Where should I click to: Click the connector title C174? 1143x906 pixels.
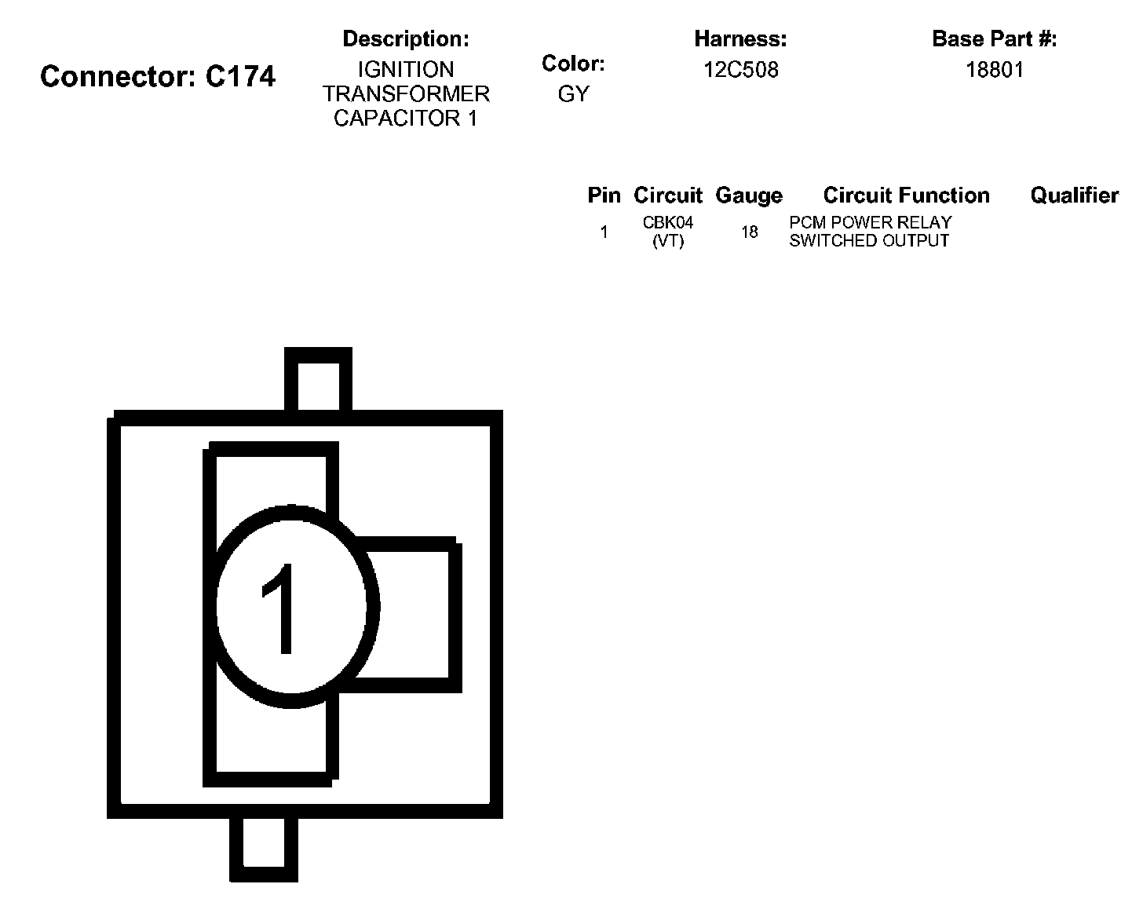[158, 77]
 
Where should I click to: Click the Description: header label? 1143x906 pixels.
[406, 38]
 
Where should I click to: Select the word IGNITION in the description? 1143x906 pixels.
[406, 69]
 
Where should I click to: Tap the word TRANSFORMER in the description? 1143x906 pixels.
[406, 93]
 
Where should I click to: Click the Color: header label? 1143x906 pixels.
[573, 64]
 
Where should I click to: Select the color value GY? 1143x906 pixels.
[573, 94]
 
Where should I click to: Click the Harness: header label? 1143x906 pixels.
[740, 38]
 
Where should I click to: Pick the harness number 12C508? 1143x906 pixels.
[740, 70]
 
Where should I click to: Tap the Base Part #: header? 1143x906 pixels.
[994, 38]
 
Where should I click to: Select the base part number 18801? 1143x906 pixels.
[995, 70]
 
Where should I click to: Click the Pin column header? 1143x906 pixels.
[604, 195]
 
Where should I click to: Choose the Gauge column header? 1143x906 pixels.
[749, 195]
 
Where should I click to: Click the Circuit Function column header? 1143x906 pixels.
[906, 195]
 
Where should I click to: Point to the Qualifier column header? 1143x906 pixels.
[1074, 195]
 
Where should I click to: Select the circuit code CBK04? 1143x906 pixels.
[668, 223]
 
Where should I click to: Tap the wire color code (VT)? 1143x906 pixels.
[668, 241]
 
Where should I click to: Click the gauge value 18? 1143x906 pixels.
[750, 232]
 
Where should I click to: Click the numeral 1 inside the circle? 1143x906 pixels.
[280, 608]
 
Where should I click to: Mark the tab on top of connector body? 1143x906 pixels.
[318, 381]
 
